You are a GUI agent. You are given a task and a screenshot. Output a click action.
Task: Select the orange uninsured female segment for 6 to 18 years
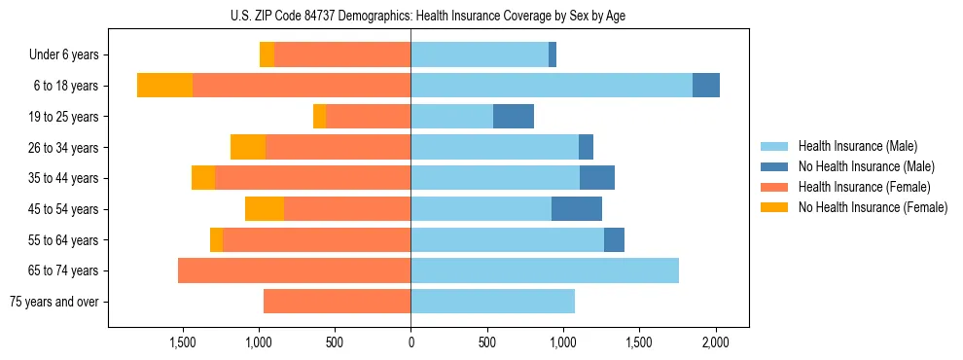pos(164,86)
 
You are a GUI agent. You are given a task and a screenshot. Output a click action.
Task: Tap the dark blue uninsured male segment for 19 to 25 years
pos(514,117)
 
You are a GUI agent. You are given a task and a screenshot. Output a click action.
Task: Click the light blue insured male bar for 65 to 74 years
pos(545,270)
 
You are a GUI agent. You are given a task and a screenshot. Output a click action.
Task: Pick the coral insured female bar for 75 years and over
pos(338,302)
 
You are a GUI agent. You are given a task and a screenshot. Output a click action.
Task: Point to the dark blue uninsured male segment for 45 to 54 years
pos(577,209)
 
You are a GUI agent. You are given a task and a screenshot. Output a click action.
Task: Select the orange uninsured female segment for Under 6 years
pos(267,55)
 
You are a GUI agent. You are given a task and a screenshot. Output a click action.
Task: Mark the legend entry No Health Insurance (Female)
pos(873,207)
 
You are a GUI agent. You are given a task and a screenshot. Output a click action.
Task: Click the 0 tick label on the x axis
pos(411,342)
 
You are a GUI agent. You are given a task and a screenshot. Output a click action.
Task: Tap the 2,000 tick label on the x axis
pos(716,342)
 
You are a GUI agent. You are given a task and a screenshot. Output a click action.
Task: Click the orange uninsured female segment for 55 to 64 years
pos(216,240)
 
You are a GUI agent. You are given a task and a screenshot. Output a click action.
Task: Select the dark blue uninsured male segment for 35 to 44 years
pos(597,178)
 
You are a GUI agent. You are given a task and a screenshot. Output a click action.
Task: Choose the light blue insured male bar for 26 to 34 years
pos(495,148)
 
